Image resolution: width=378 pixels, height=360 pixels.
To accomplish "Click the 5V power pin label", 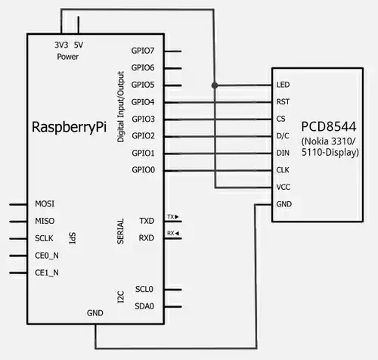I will (x=79, y=45).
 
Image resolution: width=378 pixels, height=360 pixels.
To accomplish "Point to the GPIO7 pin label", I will (x=143, y=51).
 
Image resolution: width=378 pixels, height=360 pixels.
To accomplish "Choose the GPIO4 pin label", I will (x=143, y=102).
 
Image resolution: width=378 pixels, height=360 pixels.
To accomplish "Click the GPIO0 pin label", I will (x=143, y=170).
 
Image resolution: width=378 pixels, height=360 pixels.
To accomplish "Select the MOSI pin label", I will (x=45, y=204).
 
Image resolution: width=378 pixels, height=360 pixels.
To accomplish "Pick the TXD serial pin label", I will (x=147, y=221).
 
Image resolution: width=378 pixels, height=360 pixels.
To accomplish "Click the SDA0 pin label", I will (x=144, y=307).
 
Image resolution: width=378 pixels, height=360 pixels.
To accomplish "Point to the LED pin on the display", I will (x=283, y=85).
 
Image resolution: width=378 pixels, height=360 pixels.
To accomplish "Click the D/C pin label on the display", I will (x=283, y=136).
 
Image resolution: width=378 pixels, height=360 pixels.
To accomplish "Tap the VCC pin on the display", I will (x=283, y=187).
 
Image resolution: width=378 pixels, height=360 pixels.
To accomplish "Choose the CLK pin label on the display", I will (x=283, y=170).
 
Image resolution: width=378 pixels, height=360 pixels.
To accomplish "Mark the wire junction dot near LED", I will (x=216, y=85).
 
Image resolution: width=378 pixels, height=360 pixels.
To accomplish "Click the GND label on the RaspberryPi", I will (x=95, y=312).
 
